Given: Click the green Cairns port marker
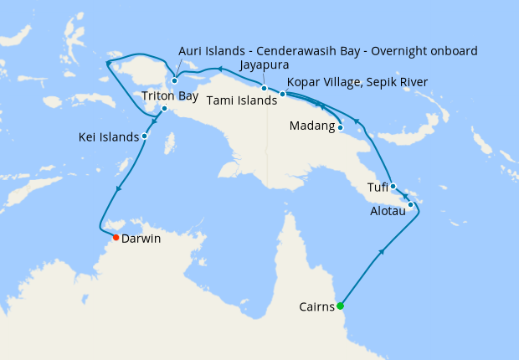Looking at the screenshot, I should pyautogui.click(x=340, y=306).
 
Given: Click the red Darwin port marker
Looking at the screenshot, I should pyautogui.click(x=116, y=238).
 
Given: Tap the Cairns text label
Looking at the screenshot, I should pyautogui.click(x=317, y=306).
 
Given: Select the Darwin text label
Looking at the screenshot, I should pyautogui.click(x=141, y=239).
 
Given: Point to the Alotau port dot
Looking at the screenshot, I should pyautogui.click(x=411, y=205).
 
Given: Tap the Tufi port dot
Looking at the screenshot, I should pyautogui.click(x=393, y=187).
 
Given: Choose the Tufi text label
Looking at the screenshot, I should pyautogui.click(x=378, y=187).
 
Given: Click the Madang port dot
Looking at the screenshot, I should pyautogui.click(x=342, y=128).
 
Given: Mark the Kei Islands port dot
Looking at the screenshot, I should pyautogui.click(x=145, y=136).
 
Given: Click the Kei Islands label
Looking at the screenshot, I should pyautogui.click(x=109, y=136).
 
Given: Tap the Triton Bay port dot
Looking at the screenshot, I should pyautogui.click(x=164, y=108).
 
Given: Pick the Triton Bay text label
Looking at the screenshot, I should pyautogui.click(x=169, y=95).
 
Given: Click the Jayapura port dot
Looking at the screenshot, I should pyautogui.click(x=264, y=88).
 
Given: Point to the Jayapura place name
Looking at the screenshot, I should pyautogui.click(x=265, y=64).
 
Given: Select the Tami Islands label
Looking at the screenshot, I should pyautogui.click(x=241, y=100).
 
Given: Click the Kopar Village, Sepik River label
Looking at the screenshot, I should pyautogui.click(x=357, y=82).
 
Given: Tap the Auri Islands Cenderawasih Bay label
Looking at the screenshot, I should pyautogui.click(x=327, y=51).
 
